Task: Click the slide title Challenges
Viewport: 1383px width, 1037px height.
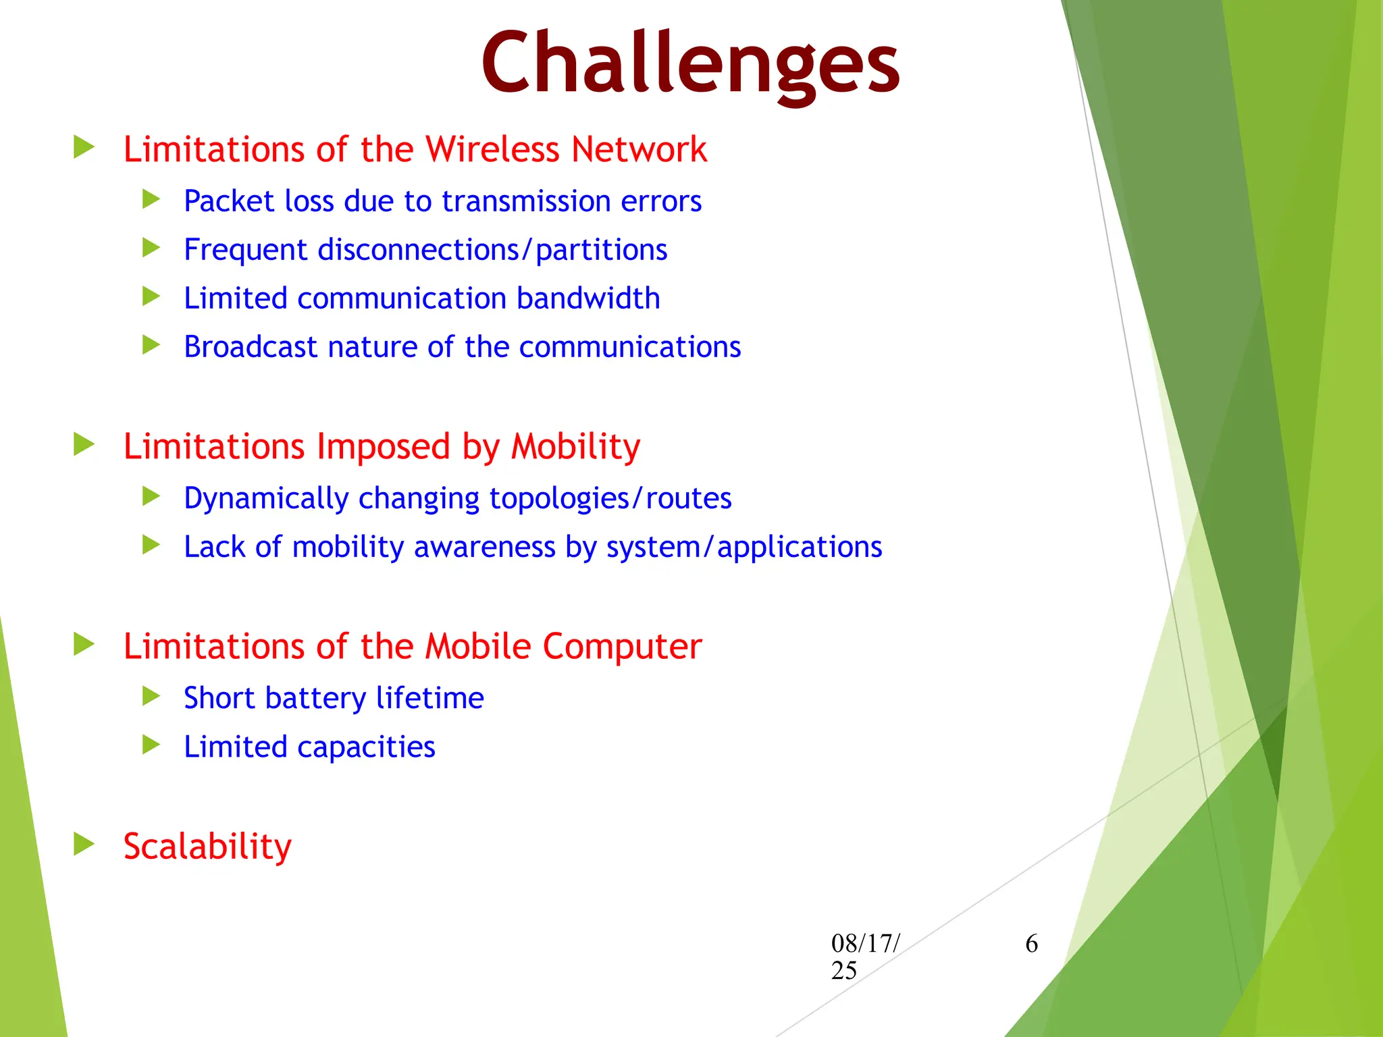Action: pos(690,64)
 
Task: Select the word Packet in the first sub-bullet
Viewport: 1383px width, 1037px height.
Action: pos(229,201)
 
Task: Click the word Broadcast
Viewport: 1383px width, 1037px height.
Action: pos(251,347)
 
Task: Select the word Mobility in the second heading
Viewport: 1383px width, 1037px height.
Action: pos(575,446)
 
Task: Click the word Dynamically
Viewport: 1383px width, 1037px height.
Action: pos(266,499)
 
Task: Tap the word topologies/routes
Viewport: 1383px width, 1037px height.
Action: pos(610,499)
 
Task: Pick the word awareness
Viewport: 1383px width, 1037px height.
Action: pos(484,547)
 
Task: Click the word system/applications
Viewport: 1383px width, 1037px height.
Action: pos(744,547)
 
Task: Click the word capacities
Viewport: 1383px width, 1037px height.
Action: pos(366,747)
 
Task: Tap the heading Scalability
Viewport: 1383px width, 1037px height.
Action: pos(207,847)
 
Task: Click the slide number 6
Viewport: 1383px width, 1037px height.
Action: pos(1031,944)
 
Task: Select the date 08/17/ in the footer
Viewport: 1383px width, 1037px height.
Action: pos(865,944)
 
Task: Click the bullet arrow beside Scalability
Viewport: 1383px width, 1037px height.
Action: pos(84,844)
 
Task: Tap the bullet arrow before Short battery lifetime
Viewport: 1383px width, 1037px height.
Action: pos(151,696)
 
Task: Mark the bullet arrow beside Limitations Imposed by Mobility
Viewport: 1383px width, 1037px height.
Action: pos(84,444)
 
